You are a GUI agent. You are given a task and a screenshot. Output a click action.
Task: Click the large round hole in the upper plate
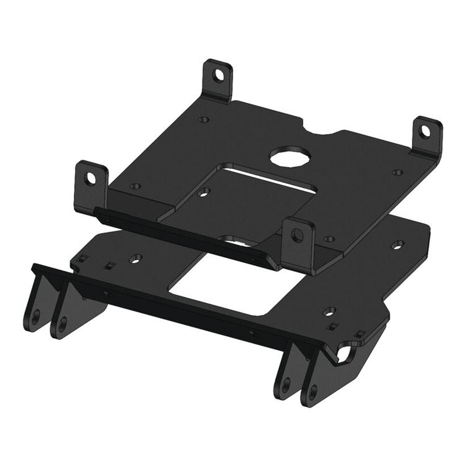point(285,155)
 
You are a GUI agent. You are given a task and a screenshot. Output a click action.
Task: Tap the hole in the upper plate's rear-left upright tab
point(218,75)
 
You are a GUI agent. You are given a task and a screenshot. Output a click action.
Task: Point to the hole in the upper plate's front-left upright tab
point(90,179)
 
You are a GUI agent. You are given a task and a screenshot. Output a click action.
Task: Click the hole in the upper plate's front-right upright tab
point(298,234)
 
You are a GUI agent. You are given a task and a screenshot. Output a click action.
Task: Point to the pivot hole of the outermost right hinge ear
point(313,391)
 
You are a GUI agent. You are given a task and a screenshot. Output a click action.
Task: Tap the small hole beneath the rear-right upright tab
point(398,172)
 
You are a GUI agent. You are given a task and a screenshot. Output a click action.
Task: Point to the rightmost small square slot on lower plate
point(359,335)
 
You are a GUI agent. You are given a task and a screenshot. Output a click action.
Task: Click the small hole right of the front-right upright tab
point(330,239)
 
